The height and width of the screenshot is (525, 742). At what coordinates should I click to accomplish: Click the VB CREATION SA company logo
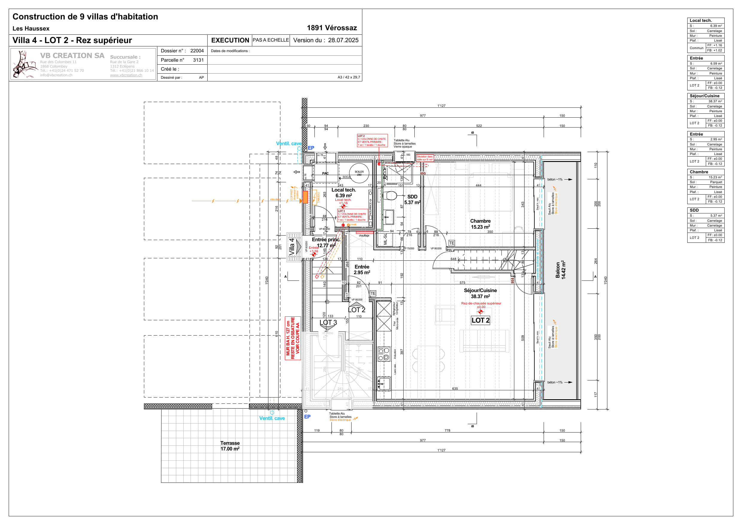click(24, 64)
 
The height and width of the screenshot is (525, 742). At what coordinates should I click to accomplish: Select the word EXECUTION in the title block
click(230, 40)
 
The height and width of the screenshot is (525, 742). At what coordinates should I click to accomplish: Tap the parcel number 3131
click(198, 60)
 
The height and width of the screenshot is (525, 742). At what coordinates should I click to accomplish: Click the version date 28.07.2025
click(343, 40)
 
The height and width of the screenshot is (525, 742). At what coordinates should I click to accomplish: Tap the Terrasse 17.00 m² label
click(230, 446)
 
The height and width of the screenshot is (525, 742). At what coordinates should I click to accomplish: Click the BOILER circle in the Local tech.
click(359, 173)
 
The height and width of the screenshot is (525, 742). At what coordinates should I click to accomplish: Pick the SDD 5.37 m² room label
click(412, 199)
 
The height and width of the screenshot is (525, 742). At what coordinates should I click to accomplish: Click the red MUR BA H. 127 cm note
click(293, 338)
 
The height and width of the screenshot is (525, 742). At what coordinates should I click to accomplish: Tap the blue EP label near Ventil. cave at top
click(311, 148)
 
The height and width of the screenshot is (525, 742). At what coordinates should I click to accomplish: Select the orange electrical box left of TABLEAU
click(305, 197)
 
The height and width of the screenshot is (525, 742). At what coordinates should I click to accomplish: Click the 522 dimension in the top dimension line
click(479, 126)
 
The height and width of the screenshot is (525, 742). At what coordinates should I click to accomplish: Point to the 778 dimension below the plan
click(447, 430)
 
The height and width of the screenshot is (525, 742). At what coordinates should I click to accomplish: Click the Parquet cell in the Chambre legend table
click(716, 182)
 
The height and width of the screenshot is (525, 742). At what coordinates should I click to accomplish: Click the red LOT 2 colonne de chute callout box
click(372, 141)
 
